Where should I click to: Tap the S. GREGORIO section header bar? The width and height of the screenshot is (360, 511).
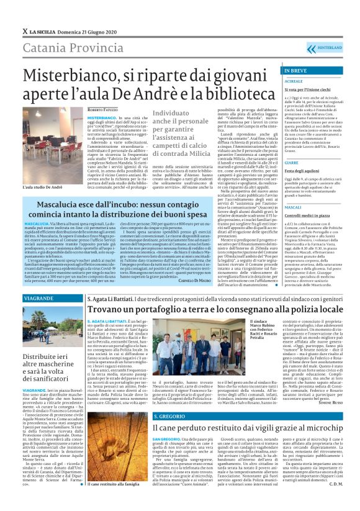click(x=169, y=416)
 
